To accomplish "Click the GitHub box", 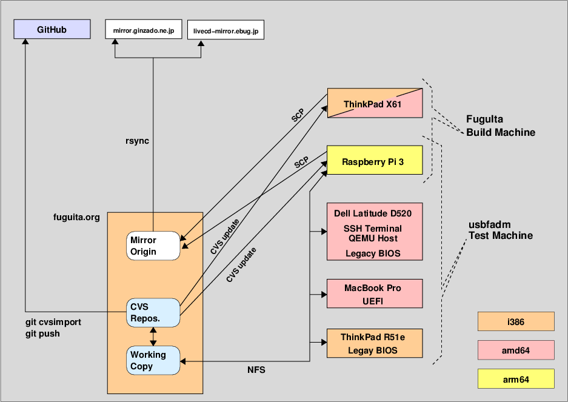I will point(52,29).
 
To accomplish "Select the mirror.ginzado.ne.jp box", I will point(143,29).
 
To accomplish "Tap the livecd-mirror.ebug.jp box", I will point(226,30).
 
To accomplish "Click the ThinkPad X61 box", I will point(374,104).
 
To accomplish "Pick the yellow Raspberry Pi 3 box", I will point(374,161).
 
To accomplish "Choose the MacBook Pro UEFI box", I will point(374,294).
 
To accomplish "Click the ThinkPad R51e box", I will point(374,343).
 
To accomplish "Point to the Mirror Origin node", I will point(153,246).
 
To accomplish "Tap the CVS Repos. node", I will point(153,312).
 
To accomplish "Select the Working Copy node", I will point(153,360).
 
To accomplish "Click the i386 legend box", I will point(516,322).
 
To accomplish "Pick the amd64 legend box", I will point(516,350).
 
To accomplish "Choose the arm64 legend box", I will point(516,379).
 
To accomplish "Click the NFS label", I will point(256,369).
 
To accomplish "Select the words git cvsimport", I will point(53,323).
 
